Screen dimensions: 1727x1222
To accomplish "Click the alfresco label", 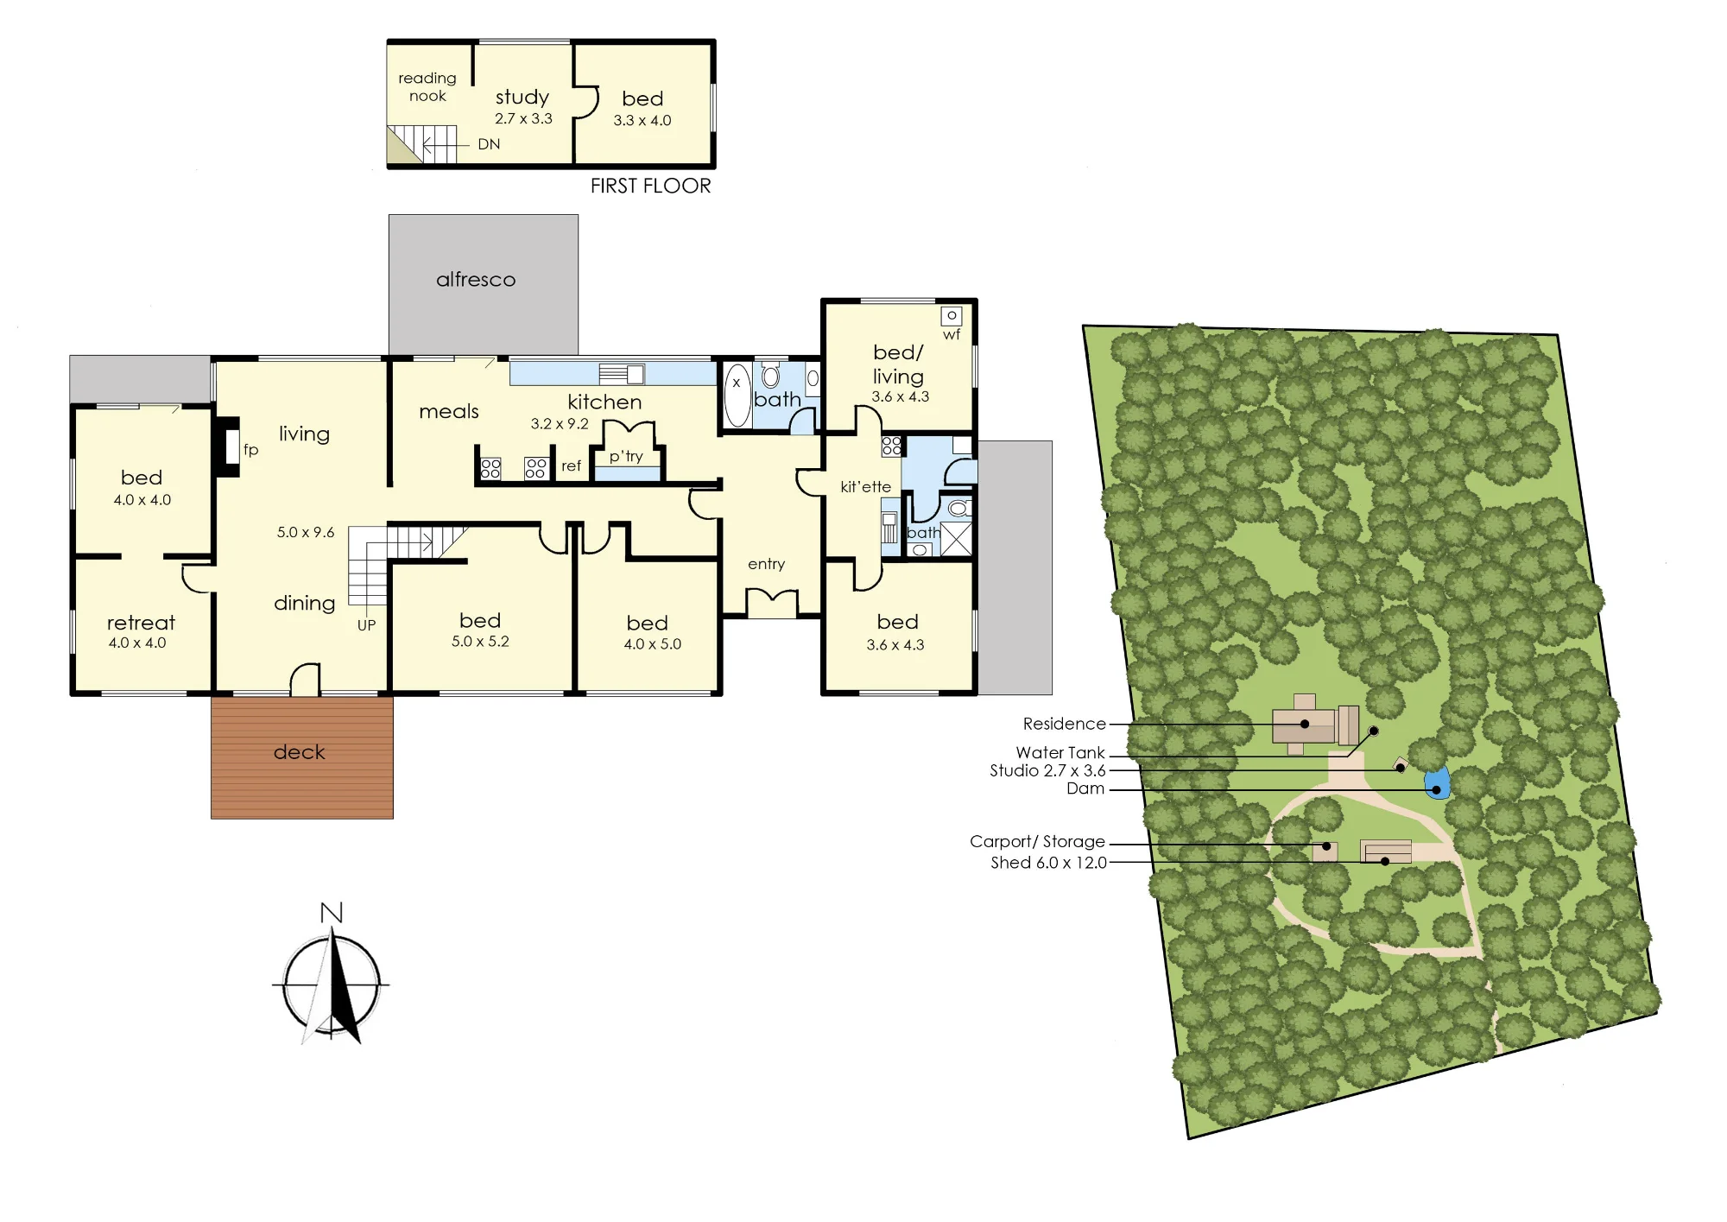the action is (x=476, y=279).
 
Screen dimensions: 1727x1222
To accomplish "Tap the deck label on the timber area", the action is (x=300, y=752).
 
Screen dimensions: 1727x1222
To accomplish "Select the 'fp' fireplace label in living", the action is (x=250, y=449).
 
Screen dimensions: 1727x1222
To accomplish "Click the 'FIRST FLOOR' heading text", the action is (x=650, y=186).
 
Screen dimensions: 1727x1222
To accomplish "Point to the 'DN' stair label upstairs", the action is (x=489, y=144).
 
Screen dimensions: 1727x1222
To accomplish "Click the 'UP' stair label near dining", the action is (x=366, y=625).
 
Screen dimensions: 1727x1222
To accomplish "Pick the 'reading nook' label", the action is (x=427, y=87).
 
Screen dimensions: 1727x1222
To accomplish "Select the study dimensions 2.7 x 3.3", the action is (x=523, y=118).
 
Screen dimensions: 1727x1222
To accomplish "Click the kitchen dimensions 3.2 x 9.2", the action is (x=560, y=424).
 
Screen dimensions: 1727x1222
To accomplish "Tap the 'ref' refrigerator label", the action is (x=571, y=466).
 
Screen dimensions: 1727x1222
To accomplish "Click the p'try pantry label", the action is (x=626, y=456).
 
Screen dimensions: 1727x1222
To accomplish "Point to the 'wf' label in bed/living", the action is (x=952, y=335).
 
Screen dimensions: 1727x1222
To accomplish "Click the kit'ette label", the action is (x=865, y=487).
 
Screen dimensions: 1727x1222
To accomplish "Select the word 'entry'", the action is (x=767, y=564).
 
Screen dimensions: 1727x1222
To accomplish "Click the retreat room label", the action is (x=141, y=623).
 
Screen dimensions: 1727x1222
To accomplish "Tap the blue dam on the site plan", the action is (x=1436, y=784).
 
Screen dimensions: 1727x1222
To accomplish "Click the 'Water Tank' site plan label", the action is (x=1060, y=752).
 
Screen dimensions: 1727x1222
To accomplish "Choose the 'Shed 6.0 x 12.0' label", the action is (x=1048, y=863).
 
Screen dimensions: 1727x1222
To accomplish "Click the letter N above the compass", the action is (x=332, y=913).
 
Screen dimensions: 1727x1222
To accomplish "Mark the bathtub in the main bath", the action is (x=737, y=396).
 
